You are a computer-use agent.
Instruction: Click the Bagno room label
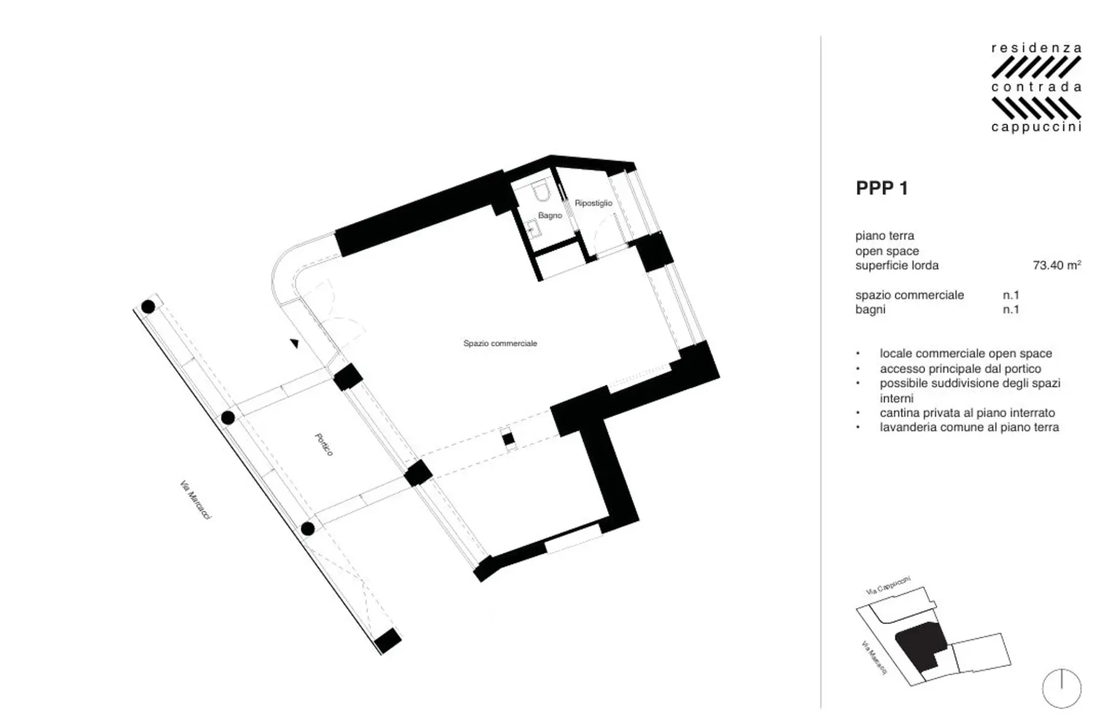coord(550,216)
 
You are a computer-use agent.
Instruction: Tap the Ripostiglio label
coord(593,203)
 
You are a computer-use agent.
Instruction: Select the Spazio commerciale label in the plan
coord(500,343)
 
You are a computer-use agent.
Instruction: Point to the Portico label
coord(324,445)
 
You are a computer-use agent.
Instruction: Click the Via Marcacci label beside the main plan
coord(195,500)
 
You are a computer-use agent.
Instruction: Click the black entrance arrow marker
coord(294,343)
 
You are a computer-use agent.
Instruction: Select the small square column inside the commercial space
coord(508,439)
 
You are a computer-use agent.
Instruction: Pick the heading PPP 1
coord(881,188)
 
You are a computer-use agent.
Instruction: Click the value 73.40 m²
coord(1057,265)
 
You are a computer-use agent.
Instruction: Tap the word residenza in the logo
coord(1036,48)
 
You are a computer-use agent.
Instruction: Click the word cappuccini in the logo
coord(1036,127)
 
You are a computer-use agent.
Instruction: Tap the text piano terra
coord(884,236)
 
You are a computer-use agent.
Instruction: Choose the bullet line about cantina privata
coord(967,413)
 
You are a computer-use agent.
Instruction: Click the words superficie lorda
coord(896,265)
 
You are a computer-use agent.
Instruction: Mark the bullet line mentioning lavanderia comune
coord(969,427)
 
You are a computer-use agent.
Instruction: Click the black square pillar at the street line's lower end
coord(388,640)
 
